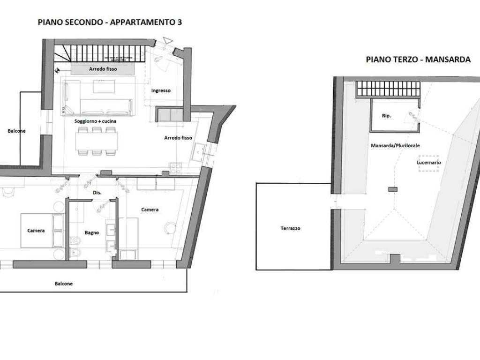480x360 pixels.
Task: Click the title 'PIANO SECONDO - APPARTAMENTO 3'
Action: pyautogui.click(x=110, y=22)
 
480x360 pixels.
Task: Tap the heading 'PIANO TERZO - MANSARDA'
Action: pyautogui.click(x=418, y=60)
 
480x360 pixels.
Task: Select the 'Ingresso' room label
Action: pyautogui.click(x=161, y=90)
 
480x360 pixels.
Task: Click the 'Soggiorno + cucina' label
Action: pyautogui.click(x=95, y=121)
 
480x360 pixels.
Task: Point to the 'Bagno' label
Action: pyautogui.click(x=92, y=232)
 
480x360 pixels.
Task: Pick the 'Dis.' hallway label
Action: pyautogui.click(x=97, y=193)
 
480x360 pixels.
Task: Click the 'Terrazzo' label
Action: pyautogui.click(x=290, y=228)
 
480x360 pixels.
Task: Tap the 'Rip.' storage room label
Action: pyautogui.click(x=387, y=115)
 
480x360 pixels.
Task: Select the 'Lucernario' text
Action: pyautogui.click(x=428, y=163)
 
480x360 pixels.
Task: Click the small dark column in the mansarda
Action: pyautogui.click(x=393, y=189)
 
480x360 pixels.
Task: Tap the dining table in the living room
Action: pyautogui.click(x=97, y=140)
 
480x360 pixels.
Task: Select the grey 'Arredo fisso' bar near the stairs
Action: pyautogui.click(x=103, y=69)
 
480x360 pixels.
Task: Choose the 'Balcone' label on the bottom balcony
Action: pyautogui.click(x=64, y=284)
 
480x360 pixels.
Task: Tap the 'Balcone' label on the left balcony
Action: pyautogui.click(x=17, y=131)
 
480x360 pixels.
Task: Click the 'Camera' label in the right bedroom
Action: pyautogui.click(x=150, y=210)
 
